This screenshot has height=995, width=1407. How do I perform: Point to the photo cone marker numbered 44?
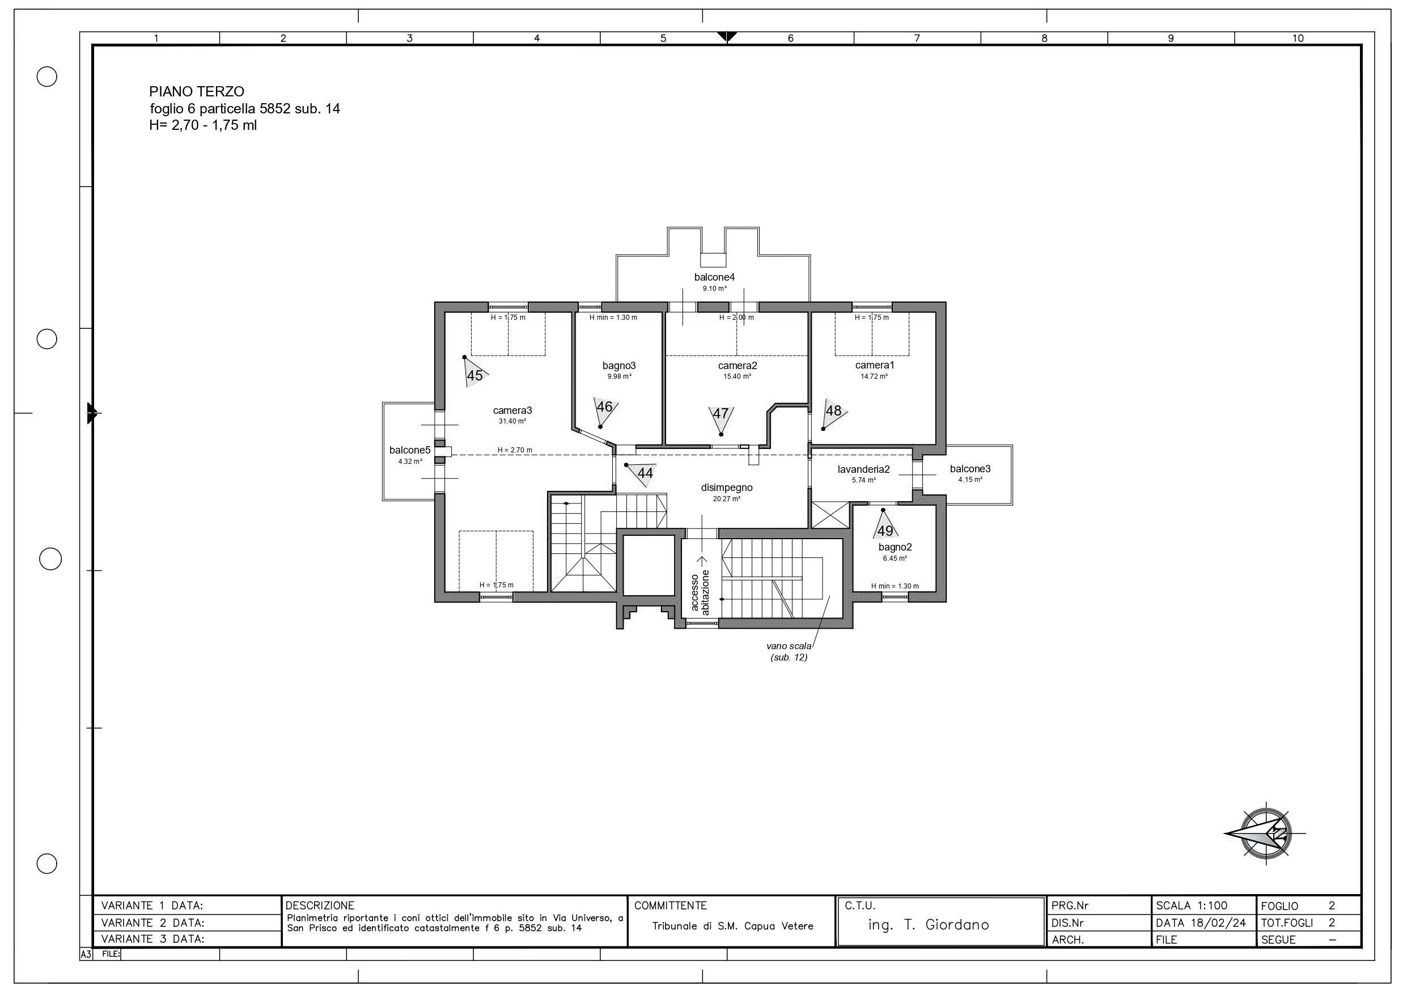(x=641, y=473)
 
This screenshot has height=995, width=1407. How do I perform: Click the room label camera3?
(x=512, y=410)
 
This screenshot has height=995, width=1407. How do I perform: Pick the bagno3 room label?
(x=619, y=366)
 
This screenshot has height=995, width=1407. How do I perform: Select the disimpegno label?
(x=727, y=488)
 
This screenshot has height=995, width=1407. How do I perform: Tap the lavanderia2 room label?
(x=863, y=469)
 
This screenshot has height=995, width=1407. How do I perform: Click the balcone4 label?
(x=714, y=277)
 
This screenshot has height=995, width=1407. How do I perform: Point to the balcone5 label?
(x=410, y=450)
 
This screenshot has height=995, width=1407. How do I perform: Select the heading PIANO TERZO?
(x=197, y=92)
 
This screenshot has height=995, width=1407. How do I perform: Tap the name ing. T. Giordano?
(x=929, y=925)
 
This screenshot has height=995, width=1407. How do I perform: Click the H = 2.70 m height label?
(x=515, y=450)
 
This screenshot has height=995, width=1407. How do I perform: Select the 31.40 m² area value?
(x=512, y=422)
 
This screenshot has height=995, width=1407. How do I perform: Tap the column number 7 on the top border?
(x=917, y=39)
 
